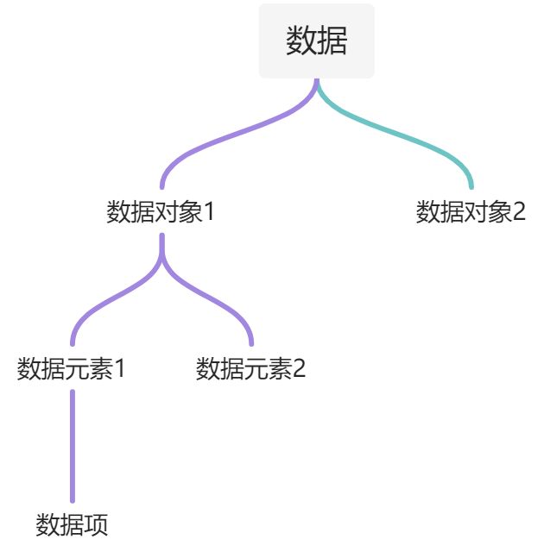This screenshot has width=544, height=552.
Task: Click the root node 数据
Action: click(x=317, y=41)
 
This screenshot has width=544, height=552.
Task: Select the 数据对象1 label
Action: click(x=160, y=212)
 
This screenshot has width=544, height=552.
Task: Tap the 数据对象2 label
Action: click(x=471, y=212)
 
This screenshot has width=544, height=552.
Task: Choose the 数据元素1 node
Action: click(x=72, y=369)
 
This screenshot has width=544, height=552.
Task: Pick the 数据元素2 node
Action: click(x=251, y=369)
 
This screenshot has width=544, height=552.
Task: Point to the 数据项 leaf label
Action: click(x=72, y=524)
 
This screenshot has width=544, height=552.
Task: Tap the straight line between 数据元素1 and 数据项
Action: click(x=72, y=447)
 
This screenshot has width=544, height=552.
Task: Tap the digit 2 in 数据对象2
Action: click(x=518, y=212)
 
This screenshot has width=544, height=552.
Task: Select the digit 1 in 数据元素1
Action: click(x=120, y=369)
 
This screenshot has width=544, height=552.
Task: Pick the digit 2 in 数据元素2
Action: click(x=299, y=369)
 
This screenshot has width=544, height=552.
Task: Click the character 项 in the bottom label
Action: click(x=96, y=524)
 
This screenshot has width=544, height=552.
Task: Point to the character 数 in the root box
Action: click(x=301, y=41)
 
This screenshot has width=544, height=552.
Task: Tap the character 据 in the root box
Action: click(x=332, y=41)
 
